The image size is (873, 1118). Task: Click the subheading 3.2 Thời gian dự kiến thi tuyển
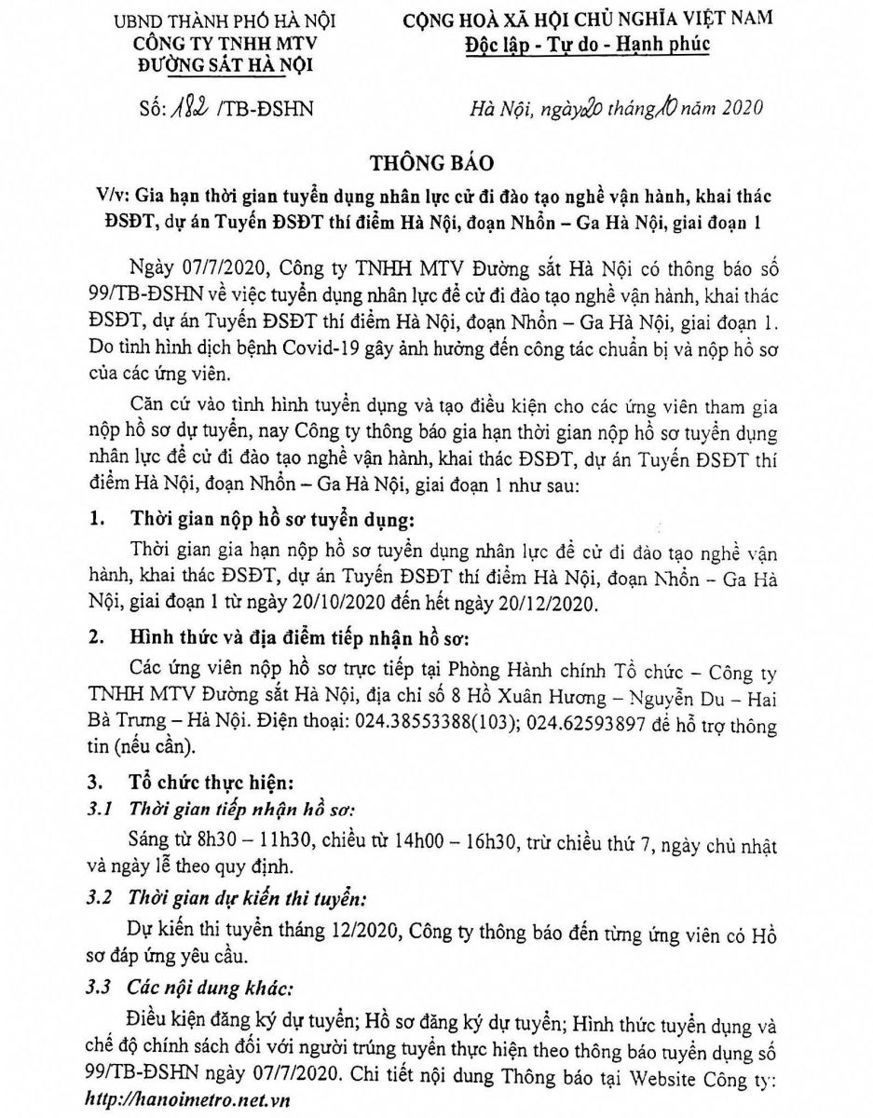pyautogui.click(x=235, y=900)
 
